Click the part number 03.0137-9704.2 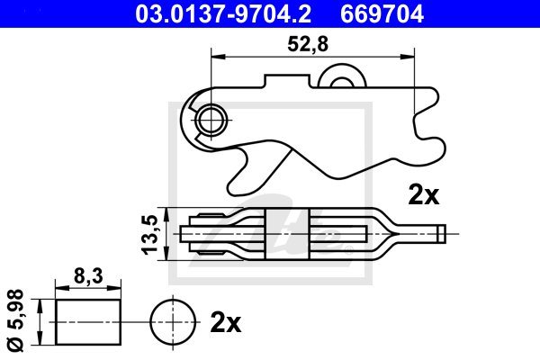click(x=223, y=14)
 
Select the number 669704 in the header click(x=382, y=14)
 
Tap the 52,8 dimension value click(x=308, y=44)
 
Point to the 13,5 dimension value click(x=149, y=234)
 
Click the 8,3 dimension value click(x=88, y=275)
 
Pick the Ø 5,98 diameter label click(x=16, y=320)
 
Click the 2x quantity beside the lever click(x=424, y=195)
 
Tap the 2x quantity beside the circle click(x=226, y=323)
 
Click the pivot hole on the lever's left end click(x=211, y=120)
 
